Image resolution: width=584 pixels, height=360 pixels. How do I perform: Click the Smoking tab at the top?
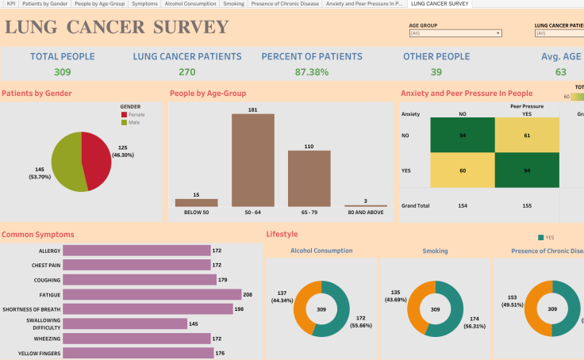coord(233,4)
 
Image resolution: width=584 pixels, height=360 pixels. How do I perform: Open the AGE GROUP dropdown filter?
coord(455,33)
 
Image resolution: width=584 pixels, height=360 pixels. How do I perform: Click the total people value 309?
coord(62,72)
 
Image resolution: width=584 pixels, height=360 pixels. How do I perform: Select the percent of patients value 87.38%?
coord(312,72)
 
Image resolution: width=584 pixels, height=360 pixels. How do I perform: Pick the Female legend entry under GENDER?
coord(136,114)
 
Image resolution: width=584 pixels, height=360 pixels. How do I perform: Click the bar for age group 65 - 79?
coord(309,178)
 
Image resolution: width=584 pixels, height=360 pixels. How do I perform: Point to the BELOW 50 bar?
coord(196,202)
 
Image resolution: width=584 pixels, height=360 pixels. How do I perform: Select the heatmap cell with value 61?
coord(526,136)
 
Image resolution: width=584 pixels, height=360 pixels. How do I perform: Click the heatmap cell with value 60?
coord(463,170)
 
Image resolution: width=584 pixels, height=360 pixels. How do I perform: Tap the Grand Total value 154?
coord(463,205)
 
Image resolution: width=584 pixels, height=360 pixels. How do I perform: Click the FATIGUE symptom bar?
coord(152,293)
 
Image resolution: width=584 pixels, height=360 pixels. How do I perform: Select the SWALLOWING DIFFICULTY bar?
coord(125,324)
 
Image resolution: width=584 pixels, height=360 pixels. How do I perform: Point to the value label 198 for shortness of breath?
coord(239,308)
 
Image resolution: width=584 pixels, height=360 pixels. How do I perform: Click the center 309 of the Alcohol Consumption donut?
coord(321,308)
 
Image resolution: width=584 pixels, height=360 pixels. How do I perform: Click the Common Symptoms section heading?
coord(38,235)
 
